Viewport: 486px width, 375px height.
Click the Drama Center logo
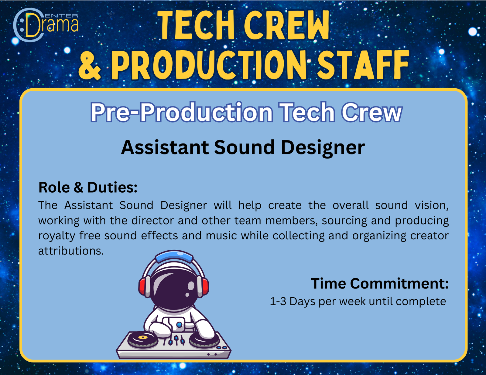point(46,25)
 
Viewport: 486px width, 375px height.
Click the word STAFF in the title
point(363,65)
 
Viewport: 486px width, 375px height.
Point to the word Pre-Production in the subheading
point(181,112)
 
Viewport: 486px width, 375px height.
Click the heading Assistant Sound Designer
point(243,147)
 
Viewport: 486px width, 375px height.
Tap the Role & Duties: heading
point(88,187)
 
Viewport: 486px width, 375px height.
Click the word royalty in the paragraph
point(57,236)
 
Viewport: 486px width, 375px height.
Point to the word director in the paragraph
point(152,221)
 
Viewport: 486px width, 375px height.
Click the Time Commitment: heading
point(380,283)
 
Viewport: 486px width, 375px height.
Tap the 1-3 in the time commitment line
point(278,302)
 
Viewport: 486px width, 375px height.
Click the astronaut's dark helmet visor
point(173,287)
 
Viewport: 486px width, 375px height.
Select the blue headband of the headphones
point(174,257)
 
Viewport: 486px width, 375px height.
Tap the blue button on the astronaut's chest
point(179,324)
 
